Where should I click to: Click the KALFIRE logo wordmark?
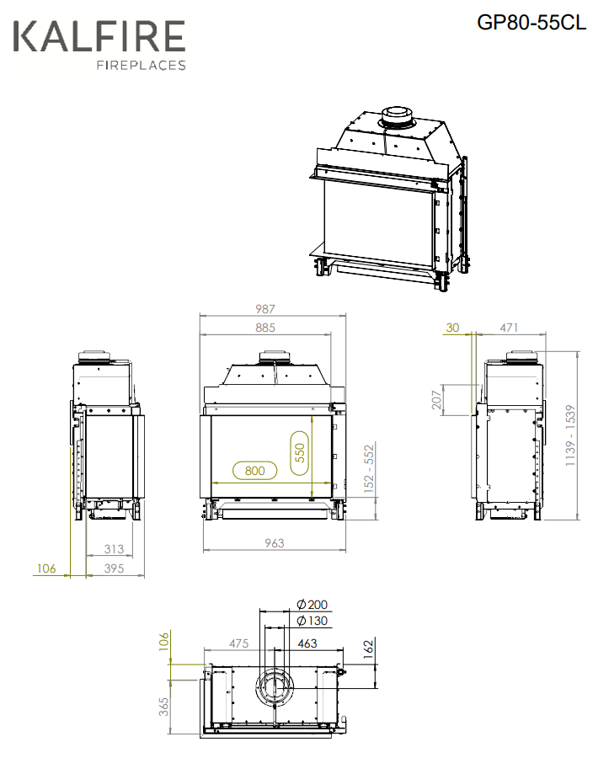(99, 36)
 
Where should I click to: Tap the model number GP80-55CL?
(532, 23)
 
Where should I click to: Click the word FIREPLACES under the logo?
(142, 65)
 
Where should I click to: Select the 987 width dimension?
(265, 308)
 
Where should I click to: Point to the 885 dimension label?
(265, 328)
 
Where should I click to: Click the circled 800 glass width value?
(255, 471)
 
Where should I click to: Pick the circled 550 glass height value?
(299, 452)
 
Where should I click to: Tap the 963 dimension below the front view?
(274, 543)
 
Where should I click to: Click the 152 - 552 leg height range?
(369, 468)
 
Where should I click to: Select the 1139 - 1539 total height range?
(570, 435)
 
